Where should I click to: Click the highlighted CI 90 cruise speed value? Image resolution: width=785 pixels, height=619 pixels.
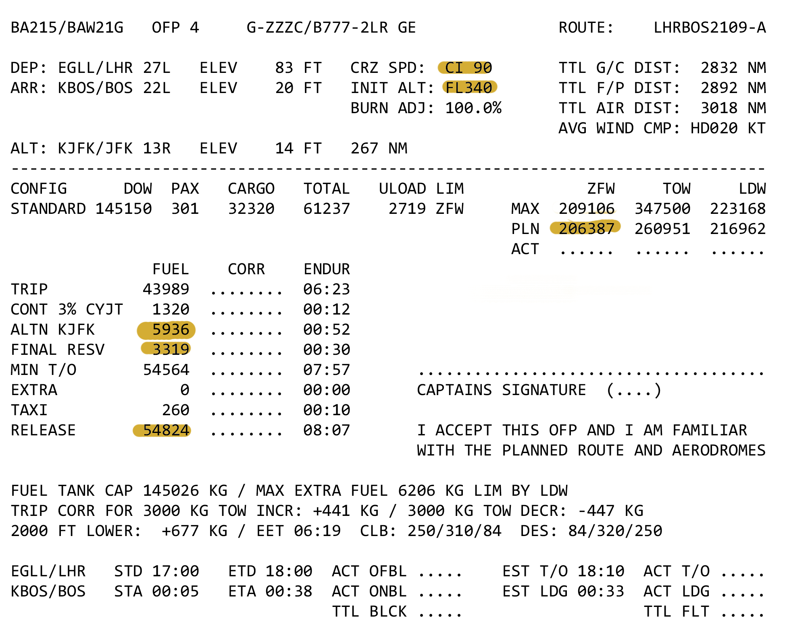(x=468, y=68)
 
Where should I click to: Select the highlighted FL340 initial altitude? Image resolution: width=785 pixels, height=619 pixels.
(x=469, y=88)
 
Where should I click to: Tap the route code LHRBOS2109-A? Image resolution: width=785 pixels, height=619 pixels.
(x=709, y=28)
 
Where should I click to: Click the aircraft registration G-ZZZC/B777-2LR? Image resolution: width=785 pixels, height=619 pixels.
(x=317, y=28)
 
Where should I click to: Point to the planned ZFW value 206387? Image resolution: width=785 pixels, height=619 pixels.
(x=586, y=229)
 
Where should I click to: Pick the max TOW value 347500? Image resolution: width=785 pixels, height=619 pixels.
(x=662, y=209)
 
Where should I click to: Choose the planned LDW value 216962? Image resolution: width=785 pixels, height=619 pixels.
(x=737, y=229)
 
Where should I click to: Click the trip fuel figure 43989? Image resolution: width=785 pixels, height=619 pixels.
(x=166, y=289)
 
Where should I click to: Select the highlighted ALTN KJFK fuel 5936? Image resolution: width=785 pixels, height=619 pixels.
(x=170, y=329)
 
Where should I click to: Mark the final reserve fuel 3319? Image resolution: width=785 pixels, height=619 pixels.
(x=170, y=350)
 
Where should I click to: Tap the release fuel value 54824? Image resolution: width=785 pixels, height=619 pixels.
(x=166, y=430)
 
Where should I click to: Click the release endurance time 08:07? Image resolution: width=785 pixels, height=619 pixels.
(x=327, y=430)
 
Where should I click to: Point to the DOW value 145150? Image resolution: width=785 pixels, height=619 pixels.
(x=123, y=209)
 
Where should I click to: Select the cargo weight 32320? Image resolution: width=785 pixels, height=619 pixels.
(x=251, y=209)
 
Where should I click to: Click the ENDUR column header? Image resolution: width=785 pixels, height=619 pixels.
(x=327, y=269)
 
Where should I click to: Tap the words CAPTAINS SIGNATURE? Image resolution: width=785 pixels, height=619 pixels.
(x=501, y=390)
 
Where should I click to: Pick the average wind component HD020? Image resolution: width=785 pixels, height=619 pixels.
(x=714, y=128)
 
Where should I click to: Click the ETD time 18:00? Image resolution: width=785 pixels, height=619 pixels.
(x=289, y=571)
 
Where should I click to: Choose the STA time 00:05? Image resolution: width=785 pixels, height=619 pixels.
(x=175, y=591)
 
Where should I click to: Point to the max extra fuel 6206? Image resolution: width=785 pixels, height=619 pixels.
(x=416, y=491)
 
